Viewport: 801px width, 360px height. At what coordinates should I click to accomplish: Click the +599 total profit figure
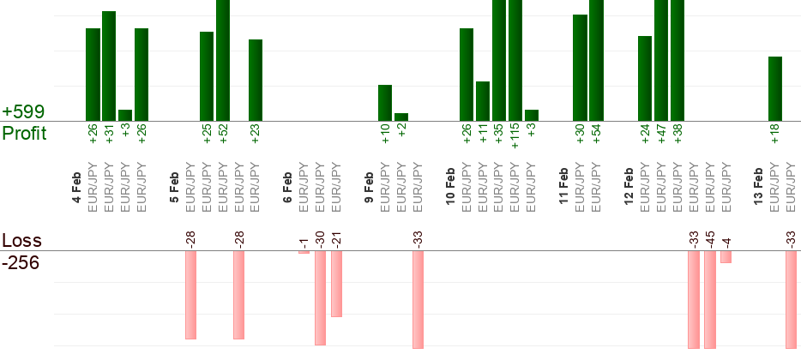(23, 111)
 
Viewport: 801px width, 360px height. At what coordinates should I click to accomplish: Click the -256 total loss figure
(21, 262)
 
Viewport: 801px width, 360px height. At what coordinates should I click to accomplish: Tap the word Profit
(24, 134)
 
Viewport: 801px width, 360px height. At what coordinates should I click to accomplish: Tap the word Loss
(21, 241)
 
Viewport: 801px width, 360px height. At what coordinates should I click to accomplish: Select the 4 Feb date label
(77, 188)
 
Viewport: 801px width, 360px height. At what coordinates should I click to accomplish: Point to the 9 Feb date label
(369, 188)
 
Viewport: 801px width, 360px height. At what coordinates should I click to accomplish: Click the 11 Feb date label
(563, 185)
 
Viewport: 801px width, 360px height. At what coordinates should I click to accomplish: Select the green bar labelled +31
(109, 66)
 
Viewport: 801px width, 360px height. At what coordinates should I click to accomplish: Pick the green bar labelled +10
(385, 103)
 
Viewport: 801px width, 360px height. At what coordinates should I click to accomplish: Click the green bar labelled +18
(775, 88)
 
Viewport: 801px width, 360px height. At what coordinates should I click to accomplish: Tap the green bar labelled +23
(256, 80)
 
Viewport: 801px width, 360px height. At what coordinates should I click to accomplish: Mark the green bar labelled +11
(483, 101)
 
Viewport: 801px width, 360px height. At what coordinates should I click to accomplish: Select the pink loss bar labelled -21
(337, 284)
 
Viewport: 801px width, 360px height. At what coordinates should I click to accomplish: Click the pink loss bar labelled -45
(710, 299)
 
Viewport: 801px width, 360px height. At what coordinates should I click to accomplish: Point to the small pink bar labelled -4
(726, 257)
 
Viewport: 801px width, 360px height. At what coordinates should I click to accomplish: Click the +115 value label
(515, 135)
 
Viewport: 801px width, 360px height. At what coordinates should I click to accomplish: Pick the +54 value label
(596, 135)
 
